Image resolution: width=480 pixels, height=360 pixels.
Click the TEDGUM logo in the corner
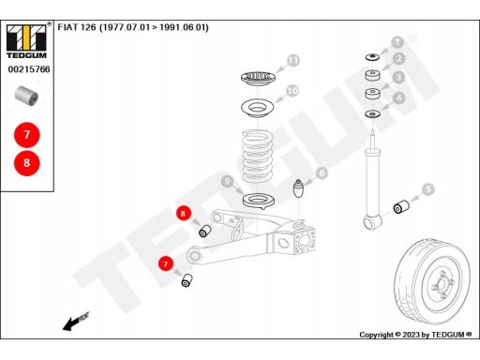click(x=26, y=41)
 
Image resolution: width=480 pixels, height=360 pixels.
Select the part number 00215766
click(x=29, y=69)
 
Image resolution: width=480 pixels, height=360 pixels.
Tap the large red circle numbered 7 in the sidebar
click(x=27, y=135)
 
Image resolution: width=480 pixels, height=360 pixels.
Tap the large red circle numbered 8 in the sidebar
click(x=27, y=163)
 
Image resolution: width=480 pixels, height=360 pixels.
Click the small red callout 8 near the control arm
click(x=183, y=214)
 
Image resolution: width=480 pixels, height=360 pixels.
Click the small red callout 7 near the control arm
click(x=166, y=263)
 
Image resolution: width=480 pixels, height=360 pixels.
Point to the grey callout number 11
click(x=293, y=61)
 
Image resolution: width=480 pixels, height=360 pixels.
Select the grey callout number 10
click(x=292, y=91)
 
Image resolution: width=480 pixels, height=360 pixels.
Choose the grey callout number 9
click(x=228, y=181)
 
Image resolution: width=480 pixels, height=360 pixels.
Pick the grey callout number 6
click(x=322, y=172)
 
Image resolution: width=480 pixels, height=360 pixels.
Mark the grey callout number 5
click(x=428, y=189)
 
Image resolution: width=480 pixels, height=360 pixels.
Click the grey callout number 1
click(x=397, y=42)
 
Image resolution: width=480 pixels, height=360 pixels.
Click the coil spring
click(x=256, y=157)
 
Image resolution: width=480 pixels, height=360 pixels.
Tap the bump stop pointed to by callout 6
click(x=298, y=188)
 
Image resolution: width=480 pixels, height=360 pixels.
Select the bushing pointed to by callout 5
click(x=401, y=206)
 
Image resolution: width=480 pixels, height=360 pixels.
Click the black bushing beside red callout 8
click(x=205, y=231)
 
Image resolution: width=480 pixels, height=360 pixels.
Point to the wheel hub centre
click(x=442, y=284)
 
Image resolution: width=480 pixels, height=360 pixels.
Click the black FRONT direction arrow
click(x=76, y=321)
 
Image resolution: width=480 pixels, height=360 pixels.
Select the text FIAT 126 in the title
click(x=77, y=27)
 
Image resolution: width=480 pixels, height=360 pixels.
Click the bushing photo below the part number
click(x=27, y=95)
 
